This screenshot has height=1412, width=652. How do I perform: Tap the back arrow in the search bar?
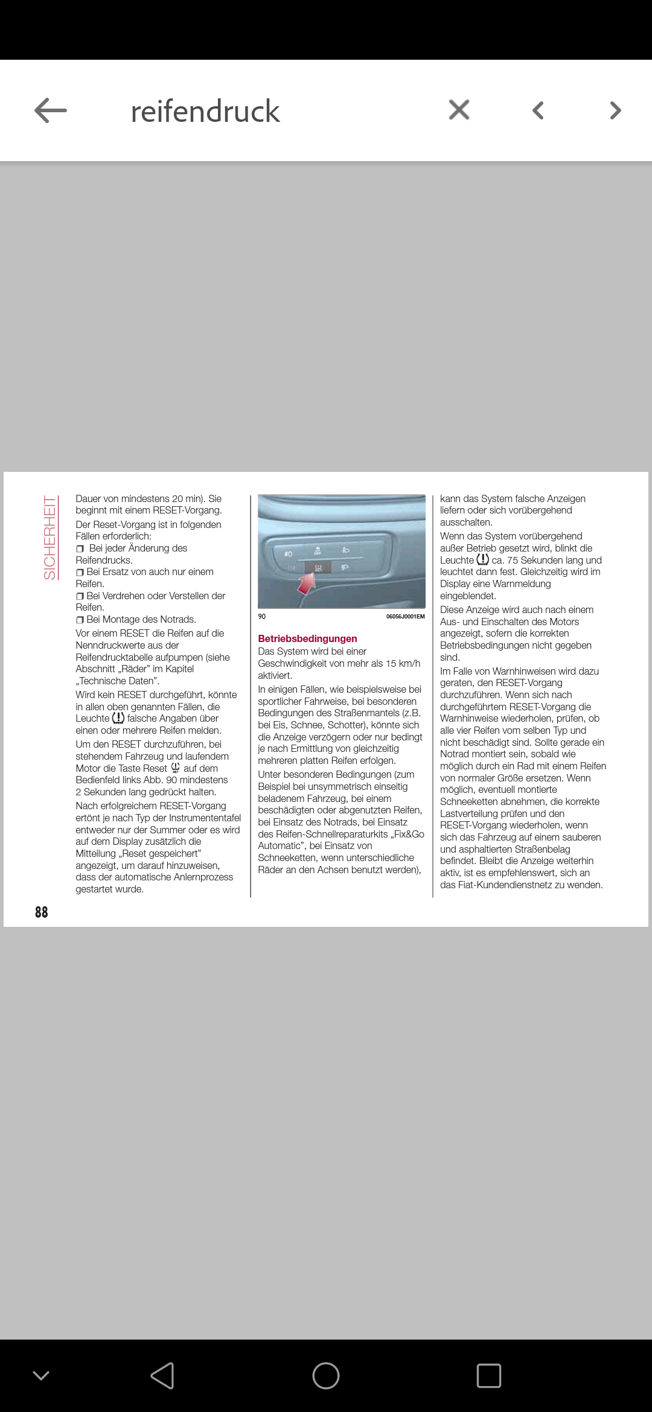pos(51,111)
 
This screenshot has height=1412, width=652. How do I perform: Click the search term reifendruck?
pos(205,111)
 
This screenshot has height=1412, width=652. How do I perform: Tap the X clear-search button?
pos(459,110)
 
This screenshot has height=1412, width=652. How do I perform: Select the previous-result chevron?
pos(538,110)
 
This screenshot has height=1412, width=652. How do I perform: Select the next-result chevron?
pos(615,110)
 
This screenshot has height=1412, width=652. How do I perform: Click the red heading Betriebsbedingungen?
pos(307,638)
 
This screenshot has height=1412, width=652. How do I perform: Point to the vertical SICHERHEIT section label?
pos(50,537)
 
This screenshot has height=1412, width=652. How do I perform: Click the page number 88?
pos(41,912)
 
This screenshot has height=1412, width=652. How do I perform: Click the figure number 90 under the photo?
pos(262,616)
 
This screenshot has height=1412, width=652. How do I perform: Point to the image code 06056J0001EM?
pos(405,616)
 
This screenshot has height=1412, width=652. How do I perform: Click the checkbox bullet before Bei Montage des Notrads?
pos(80,620)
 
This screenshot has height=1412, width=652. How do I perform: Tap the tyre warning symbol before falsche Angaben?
pos(118,718)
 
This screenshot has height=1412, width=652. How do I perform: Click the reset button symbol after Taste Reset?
pos(176,768)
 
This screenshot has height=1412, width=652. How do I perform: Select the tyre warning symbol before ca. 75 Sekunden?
pos(482,559)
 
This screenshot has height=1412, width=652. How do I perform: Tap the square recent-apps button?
pos(488,1376)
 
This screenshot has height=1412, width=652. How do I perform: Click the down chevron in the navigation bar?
pos(41,1376)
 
